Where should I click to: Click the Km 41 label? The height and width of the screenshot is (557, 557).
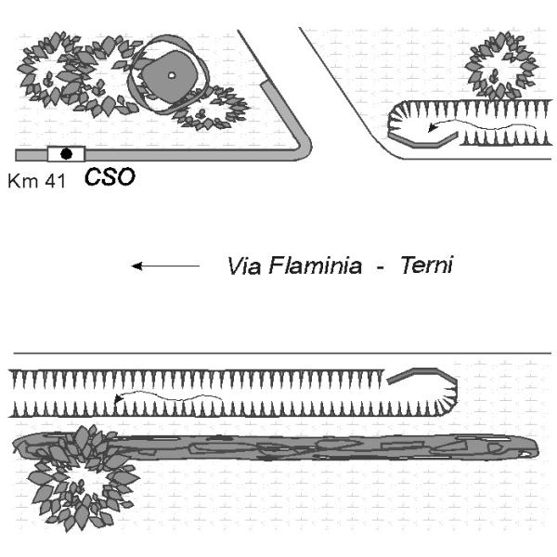click(x=36, y=181)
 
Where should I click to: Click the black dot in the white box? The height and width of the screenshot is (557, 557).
click(x=66, y=153)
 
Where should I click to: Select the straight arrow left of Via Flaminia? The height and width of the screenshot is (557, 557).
click(x=165, y=266)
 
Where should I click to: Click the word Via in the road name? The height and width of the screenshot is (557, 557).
click(x=243, y=266)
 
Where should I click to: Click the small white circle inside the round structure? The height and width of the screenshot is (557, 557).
click(x=172, y=75)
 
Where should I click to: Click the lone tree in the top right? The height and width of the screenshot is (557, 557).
click(x=501, y=65)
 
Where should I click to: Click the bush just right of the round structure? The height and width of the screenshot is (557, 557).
click(x=213, y=107)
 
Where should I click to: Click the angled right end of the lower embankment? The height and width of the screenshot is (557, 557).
click(x=440, y=390)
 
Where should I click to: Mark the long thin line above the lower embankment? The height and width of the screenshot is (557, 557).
click(x=278, y=354)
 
